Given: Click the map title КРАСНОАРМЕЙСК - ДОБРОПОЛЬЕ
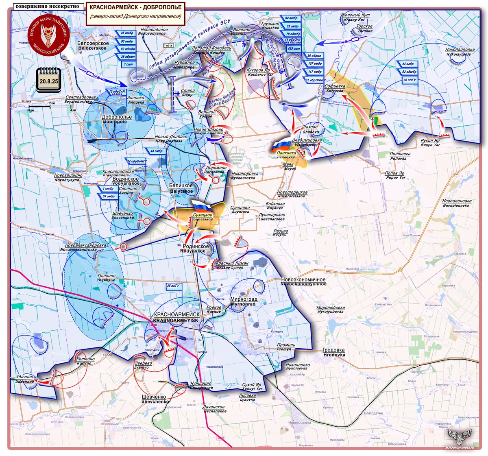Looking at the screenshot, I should point(135,7).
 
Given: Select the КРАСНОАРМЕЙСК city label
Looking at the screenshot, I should point(176,315).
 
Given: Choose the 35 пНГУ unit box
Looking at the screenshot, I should point(174,286).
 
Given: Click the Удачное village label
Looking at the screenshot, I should point(24,377).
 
